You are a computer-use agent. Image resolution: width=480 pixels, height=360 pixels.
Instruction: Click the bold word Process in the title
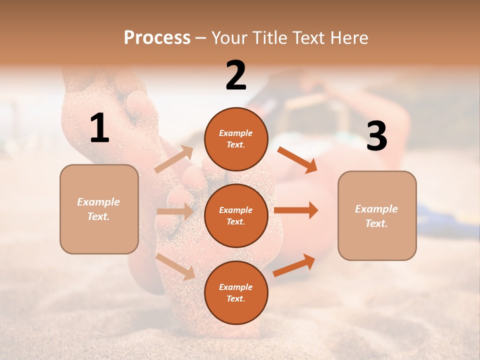[157, 38]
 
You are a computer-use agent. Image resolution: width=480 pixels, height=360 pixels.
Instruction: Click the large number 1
[99, 128]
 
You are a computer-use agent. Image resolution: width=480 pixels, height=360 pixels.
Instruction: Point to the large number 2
[236, 76]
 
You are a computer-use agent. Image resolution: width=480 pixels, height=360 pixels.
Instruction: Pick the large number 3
[376, 137]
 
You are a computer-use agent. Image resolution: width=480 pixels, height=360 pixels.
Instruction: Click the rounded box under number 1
[99, 208]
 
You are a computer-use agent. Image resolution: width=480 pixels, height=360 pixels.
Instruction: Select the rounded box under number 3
[377, 215]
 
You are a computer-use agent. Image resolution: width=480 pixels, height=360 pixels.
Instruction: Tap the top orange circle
[236, 139]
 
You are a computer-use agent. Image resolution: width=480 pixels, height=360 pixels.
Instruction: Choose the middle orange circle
[236, 215]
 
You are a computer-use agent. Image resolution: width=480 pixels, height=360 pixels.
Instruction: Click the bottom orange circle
[236, 292]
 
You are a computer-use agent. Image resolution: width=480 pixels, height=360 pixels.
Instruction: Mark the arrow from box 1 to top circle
[174, 159]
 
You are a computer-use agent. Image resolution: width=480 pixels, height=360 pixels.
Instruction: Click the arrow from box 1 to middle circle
[174, 211]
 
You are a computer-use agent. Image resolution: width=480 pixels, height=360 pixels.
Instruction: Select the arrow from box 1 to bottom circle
[175, 266]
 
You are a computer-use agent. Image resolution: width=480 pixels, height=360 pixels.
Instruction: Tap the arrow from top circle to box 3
[297, 159]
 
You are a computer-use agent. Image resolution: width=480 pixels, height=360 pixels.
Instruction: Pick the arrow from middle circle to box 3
[296, 210]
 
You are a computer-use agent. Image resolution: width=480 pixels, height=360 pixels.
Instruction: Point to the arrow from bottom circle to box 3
[294, 265]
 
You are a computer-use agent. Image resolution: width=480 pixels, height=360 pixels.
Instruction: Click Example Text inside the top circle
[236, 139]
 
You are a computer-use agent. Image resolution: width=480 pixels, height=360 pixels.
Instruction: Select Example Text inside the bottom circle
[236, 293]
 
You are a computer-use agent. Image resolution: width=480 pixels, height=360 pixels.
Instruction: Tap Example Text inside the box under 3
[376, 216]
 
